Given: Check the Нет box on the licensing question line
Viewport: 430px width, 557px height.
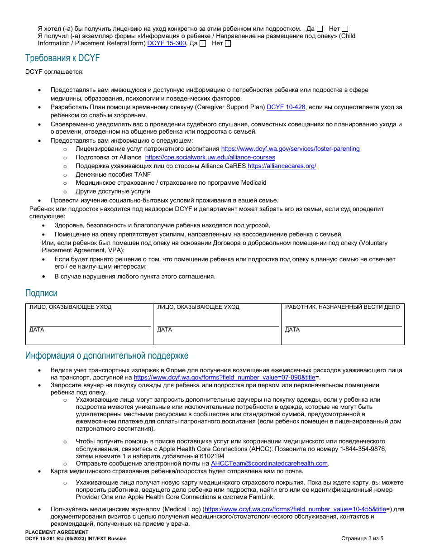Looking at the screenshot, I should pos(345,29).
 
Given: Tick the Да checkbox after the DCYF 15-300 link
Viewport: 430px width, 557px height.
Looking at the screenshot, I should pos(203,44).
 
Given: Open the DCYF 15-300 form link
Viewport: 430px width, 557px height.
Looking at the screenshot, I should pos(167,43).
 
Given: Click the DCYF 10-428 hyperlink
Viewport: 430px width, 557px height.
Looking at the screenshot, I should pos(286,107).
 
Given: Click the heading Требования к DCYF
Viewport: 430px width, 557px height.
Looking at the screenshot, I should pos(62,58).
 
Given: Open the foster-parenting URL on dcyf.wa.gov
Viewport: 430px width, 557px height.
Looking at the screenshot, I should pos(290,149).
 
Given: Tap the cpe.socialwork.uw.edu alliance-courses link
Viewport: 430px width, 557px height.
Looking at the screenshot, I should pos(210,157).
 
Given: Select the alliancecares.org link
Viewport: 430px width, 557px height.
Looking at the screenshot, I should pos(282,166).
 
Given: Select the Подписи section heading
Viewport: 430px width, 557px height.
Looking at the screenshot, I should pos(41,293).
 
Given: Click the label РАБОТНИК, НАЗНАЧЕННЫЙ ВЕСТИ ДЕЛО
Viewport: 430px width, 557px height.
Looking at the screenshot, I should pos(342,307).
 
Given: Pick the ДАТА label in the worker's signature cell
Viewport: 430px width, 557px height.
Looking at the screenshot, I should pos(292,330).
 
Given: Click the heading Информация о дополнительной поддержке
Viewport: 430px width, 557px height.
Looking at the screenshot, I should pos(107,355).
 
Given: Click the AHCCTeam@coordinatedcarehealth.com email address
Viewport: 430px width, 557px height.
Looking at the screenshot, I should pos(269,463).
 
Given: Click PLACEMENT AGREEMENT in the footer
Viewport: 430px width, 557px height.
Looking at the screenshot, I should pos(57,532).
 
